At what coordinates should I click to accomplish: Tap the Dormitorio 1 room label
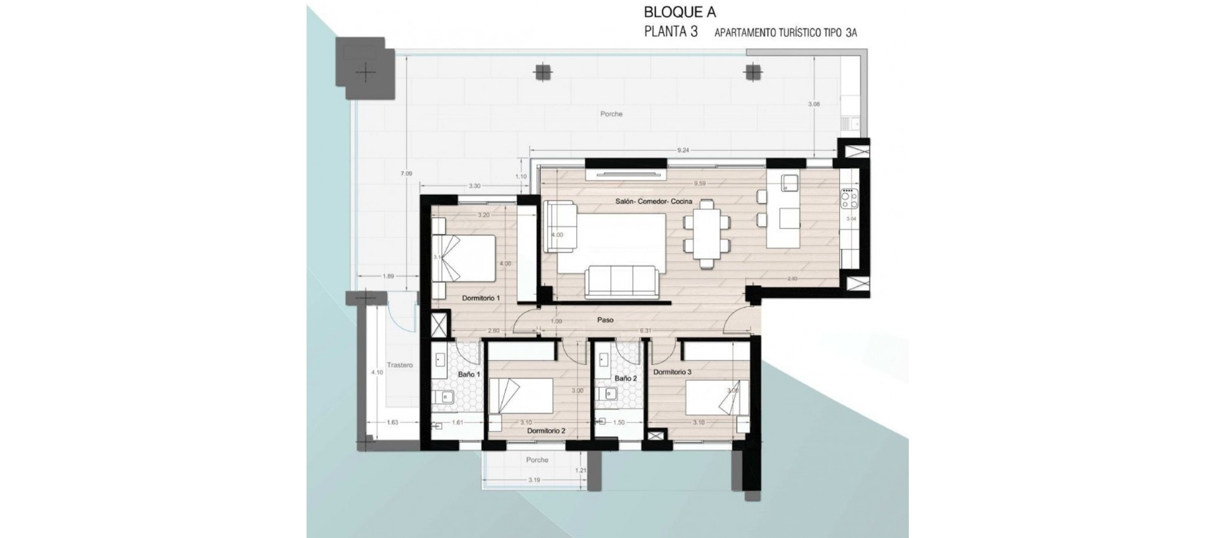(481, 297)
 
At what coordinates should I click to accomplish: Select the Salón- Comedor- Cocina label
(653, 202)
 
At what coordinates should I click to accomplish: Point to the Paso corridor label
(605, 320)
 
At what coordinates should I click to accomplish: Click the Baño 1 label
(469, 375)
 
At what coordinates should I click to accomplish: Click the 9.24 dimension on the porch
(683, 151)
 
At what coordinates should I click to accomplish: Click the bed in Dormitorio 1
(464, 258)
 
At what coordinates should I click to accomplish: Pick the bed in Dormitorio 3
(718, 397)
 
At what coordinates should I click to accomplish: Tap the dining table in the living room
(706, 232)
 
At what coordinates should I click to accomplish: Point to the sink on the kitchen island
(789, 183)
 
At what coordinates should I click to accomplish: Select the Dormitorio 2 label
(546, 430)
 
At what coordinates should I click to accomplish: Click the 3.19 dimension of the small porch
(533, 480)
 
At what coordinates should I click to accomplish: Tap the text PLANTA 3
(671, 32)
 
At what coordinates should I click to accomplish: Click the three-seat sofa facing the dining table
(621, 280)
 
